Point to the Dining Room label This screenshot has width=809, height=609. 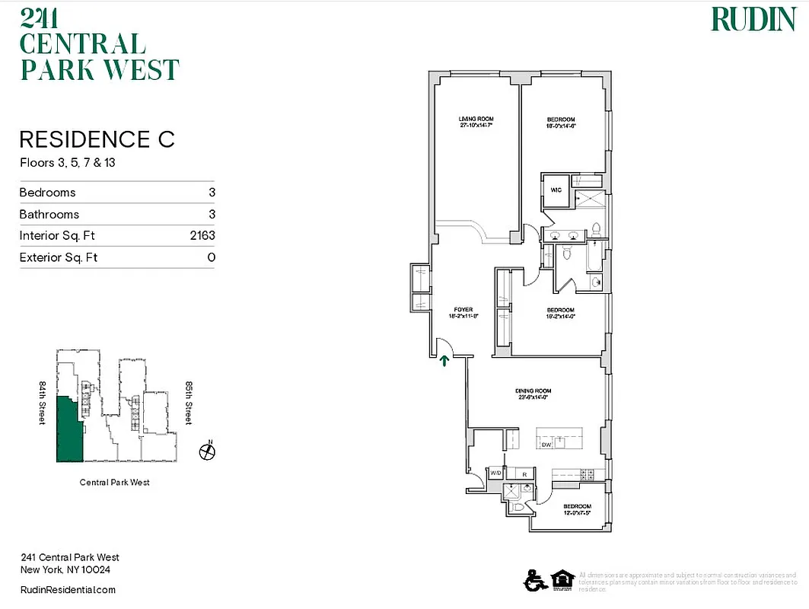(x=533, y=394)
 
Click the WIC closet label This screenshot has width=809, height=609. (x=556, y=190)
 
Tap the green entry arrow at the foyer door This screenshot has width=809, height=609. (x=444, y=359)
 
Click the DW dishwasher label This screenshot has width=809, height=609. (x=546, y=443)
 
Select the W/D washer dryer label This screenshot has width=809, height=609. (x=495, y=473)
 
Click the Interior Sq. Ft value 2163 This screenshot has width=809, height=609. (x=202, y=236)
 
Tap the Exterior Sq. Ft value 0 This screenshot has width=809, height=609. (x=212, y=257)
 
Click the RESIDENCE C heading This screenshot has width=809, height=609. (x=97, y=139)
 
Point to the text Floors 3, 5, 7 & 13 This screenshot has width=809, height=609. (x=67, y=162)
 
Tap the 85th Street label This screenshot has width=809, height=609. (x=187, y=403)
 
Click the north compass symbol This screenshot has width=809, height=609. (x=206, y=452)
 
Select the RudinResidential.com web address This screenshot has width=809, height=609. (x=68, y=590)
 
